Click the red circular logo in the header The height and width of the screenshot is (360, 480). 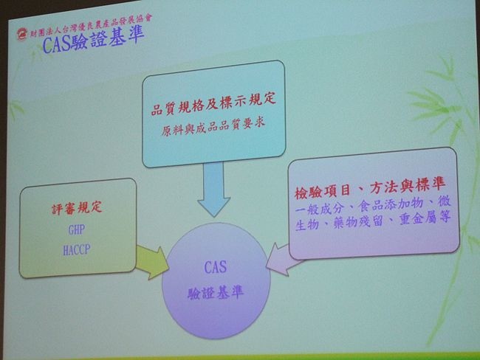(x=22, y=34)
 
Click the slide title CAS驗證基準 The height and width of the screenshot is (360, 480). (x=93, y=41)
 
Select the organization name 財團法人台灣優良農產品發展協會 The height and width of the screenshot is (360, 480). (x=91, y=26)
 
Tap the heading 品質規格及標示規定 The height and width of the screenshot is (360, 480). (x=213, y=104)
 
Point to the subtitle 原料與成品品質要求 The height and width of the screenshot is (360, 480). (x=213, y=127)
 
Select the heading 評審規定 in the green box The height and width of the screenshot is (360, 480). (x=77, y=208)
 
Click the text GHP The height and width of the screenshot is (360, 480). (x=77, y=229)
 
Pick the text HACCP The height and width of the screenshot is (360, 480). (x=77, y=250)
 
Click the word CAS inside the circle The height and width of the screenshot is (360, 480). (x=216, y=267)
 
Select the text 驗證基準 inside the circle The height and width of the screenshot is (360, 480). (x=216, y=293)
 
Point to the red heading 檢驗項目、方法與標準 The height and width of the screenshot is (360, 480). (x=370, y=187)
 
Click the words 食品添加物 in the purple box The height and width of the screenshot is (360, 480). (x=391, y=204)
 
